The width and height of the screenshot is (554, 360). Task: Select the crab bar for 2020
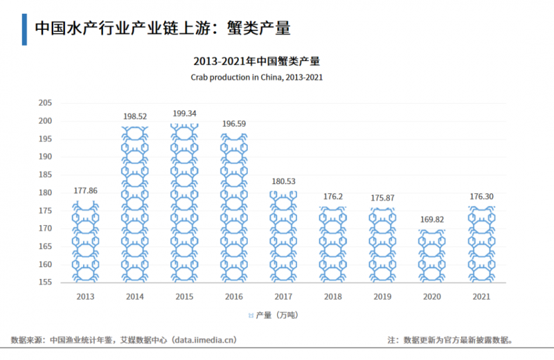pyautogui.click(x=432, y=256)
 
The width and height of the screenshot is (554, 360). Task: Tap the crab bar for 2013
pyautogui.click(x=85, y=242)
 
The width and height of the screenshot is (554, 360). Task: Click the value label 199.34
pyautogui.click(x=184, y=114)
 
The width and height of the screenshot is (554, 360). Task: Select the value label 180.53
pyautogui.click(x=283, y=181)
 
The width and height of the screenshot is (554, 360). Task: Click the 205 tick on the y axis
pyautogui.click(x=45, y=103)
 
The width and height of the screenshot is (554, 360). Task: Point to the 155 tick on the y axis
pyautogui.click(x=45, y=282)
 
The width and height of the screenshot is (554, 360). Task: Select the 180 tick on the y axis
pyautogui.click(x=45, y=193)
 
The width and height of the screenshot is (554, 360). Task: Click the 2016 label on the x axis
pyautogui.click(x=233, y=296)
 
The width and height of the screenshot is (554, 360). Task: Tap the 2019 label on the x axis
pyautogui.click(x=382, y=296)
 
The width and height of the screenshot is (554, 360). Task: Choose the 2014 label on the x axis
pyautogui.click(x=134, y=296)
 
